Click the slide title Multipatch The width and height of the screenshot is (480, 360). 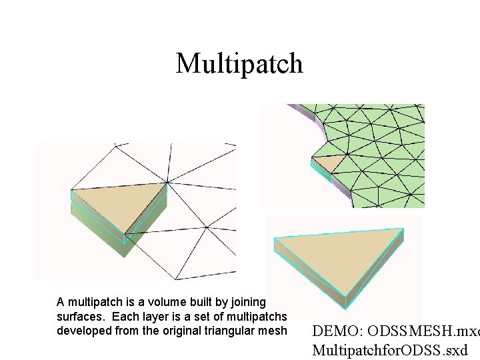239,63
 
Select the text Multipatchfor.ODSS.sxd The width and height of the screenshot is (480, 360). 390,349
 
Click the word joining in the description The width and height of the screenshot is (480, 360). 247,303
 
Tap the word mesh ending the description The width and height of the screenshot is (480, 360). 274,331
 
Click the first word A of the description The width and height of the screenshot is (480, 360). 61,303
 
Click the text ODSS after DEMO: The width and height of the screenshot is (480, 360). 386,331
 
